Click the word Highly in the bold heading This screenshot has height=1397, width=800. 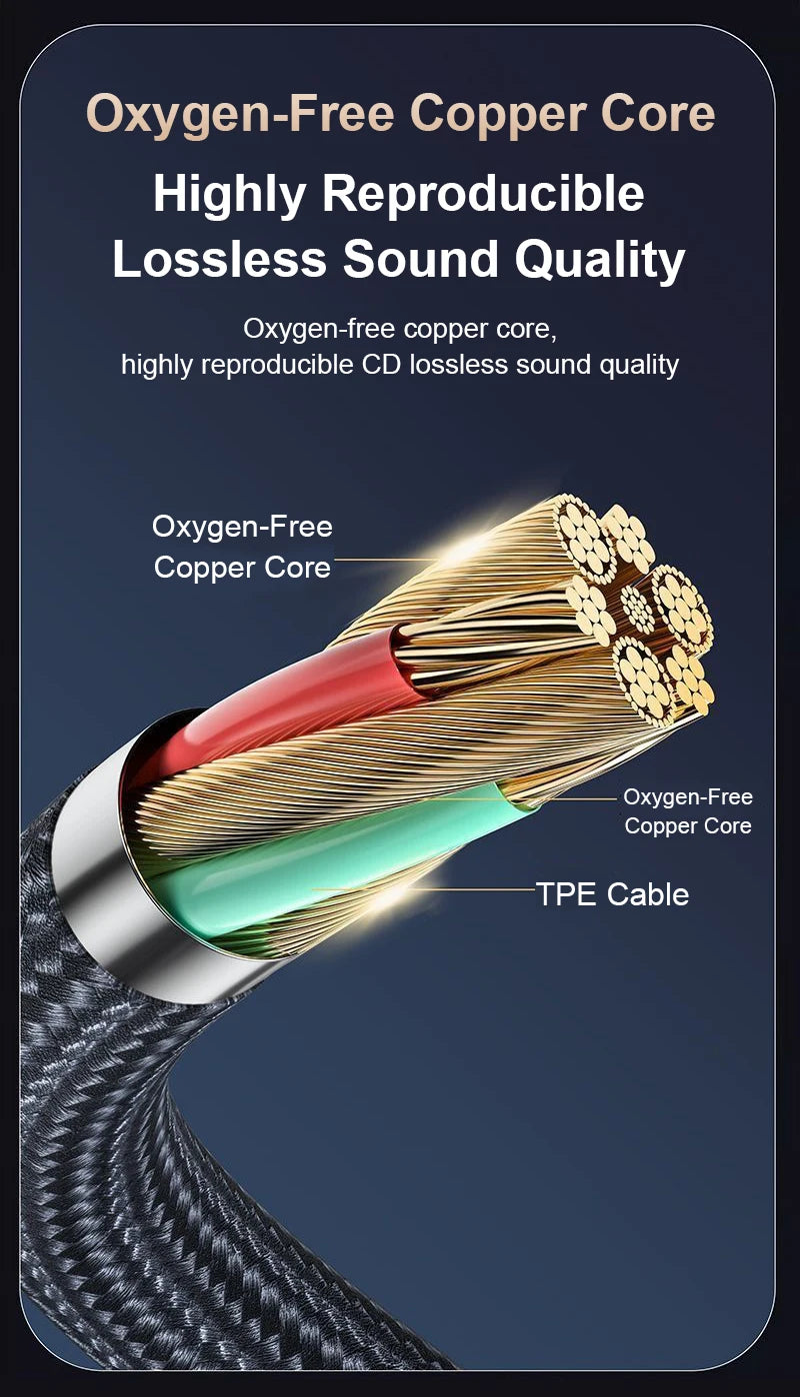(x=229, y=194)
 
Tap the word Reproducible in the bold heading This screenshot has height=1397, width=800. (x=483, y=194)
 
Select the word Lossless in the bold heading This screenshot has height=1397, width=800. (x=219, y=259)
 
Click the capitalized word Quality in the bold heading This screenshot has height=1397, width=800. (x=600, y=259)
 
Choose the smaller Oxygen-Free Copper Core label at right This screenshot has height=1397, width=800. (x=688, y=811)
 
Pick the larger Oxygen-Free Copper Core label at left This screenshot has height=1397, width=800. (x=242, y=547)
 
